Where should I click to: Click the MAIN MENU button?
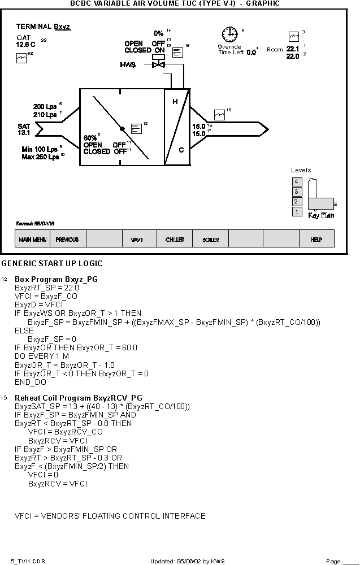point(32,238)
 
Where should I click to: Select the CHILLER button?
point(175,238)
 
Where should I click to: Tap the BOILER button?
point(210,238)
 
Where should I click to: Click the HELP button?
point(316,238)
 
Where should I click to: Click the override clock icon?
point(229,34)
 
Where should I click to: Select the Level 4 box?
point(297,181)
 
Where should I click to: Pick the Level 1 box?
point(297,212)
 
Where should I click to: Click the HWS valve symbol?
point(158,64)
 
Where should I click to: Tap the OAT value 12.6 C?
point(25,45)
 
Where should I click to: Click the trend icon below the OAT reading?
point(21,58)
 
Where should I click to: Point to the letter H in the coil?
point(175,102)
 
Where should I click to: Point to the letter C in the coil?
point(181,150)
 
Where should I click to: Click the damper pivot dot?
point(122,129)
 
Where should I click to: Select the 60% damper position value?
point(90,138)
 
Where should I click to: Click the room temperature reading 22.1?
point(293,49)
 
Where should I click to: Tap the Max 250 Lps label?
point(40,157)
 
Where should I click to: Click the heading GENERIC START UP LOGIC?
point(52,263)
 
